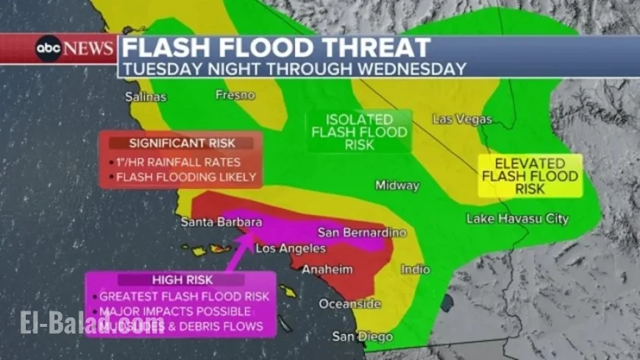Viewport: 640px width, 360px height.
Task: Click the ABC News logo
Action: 75,49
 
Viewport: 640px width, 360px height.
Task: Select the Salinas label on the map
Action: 146,96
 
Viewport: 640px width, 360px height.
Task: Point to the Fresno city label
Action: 235,95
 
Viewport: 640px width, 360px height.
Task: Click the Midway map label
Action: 397,186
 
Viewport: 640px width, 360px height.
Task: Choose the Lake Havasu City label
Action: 518,219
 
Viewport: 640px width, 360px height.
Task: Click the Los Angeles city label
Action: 290,249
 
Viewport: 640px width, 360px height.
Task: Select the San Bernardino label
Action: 362,233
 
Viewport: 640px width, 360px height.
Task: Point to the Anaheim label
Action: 327,269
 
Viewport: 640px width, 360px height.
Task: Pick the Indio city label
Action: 416,269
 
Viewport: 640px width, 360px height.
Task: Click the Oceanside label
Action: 350,304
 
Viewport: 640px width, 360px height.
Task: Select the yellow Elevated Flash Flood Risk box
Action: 530,176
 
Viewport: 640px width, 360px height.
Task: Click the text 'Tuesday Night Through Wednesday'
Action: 294,68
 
